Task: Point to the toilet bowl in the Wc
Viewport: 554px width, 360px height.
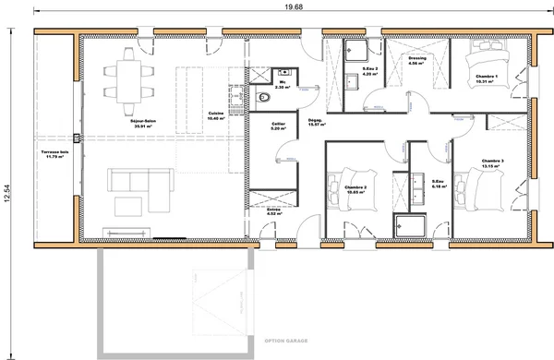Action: [264, 96]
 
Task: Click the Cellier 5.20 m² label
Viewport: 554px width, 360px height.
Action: [277, 126]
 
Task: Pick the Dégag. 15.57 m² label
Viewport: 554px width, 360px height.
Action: [314, 122]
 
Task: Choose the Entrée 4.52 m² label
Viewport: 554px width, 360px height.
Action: [274, 211]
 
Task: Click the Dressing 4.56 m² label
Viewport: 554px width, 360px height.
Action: [417, 61]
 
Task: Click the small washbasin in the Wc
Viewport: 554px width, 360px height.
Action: [285, 71]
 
